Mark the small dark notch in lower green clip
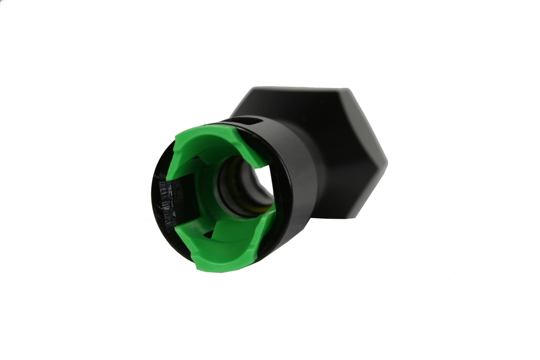coord(208,234)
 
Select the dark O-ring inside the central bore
coord(225,189)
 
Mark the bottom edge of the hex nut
coord(342,216)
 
